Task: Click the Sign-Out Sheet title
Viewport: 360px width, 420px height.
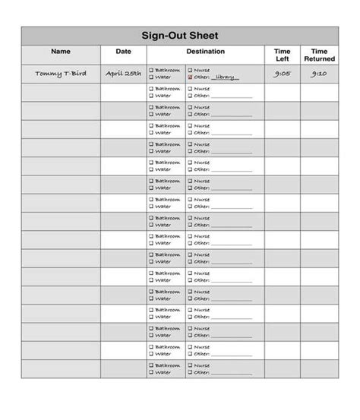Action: click(x=179, y=36)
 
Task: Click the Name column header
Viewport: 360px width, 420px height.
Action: click(x=61, y=52)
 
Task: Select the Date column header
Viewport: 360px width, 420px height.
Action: click(x=123, y=52)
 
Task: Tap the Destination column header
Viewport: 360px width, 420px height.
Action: click(x=205, y=52)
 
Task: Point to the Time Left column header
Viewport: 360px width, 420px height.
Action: click(x=282, y=55)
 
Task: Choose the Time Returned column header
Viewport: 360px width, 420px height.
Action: click(x=319, y=55)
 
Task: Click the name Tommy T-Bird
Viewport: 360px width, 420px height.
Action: click(x=61, y=74)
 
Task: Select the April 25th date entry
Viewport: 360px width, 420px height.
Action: click(x=123, y=74)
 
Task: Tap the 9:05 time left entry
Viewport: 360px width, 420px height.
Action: click(x=282, y=74)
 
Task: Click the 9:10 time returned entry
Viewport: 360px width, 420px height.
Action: click(x=319, y=74)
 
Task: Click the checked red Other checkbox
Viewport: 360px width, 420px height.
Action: click(x=190, y=77)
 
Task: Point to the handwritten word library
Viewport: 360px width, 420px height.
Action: click(x=226, y=77)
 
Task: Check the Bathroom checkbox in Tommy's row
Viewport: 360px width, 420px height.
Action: click(x=151, y=70)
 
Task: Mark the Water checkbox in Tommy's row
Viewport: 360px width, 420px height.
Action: click(x=151, y=77)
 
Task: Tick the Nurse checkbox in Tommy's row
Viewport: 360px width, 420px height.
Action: click(x=190, y=70)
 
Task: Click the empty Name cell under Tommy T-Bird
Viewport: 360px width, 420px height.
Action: click(x=61, y=92)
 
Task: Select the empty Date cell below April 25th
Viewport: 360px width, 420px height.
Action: click(x=123, y=92)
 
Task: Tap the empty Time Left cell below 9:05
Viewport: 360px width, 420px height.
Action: click(x=282, y=92)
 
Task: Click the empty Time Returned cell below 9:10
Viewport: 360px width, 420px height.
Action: click(x=319, y=92)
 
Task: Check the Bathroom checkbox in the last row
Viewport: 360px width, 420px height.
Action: click(x=151, y=365)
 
